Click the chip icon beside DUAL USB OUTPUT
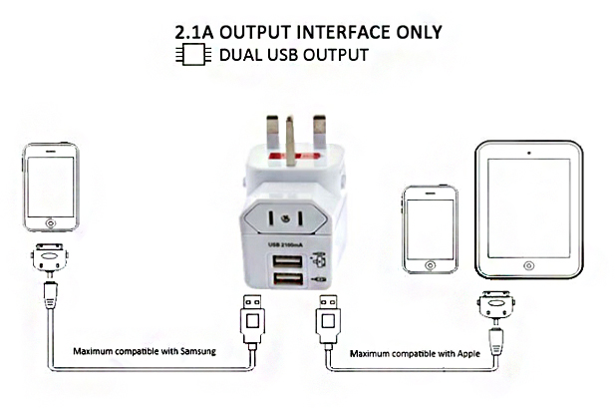coord(193,54)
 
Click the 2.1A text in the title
coord(193,32)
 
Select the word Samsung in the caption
coord(198,351)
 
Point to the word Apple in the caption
coord(468,353)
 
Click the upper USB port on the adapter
coord(287,261)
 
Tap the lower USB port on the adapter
coord(287,278)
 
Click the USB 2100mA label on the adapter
coord(285,245)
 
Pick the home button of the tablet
coord(528,265)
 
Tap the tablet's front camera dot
coord(529,153)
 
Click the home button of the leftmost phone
coord(51,223)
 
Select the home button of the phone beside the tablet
coord(430,265)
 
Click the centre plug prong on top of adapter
coord(291,141)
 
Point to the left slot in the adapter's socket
coord(271,218)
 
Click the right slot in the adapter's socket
coord(300,218)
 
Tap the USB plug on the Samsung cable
coord(252,319)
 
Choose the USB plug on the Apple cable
coord(328,319)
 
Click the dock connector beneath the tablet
coord(496,304)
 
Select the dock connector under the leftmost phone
coord(50,257)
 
